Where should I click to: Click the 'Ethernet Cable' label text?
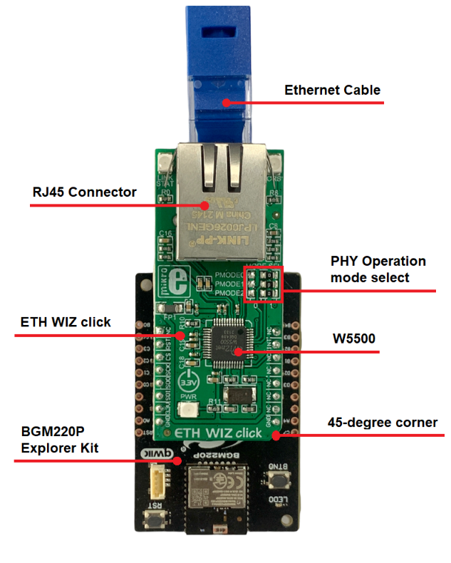pyautogui.click(x=332, y=91)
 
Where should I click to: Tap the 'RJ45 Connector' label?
pyautogui.click(x=84, y=192)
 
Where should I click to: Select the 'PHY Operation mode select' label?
pyautogui.click(x=378, y=269)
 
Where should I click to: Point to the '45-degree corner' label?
pyautogui.click(x=382, y=423)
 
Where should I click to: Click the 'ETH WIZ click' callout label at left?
pyautogui.click(x=65, y=322)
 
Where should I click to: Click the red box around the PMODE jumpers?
pyautogui.click(x=264, y=284)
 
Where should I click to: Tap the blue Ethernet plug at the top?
pyautogui.click(x=221, y=71)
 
